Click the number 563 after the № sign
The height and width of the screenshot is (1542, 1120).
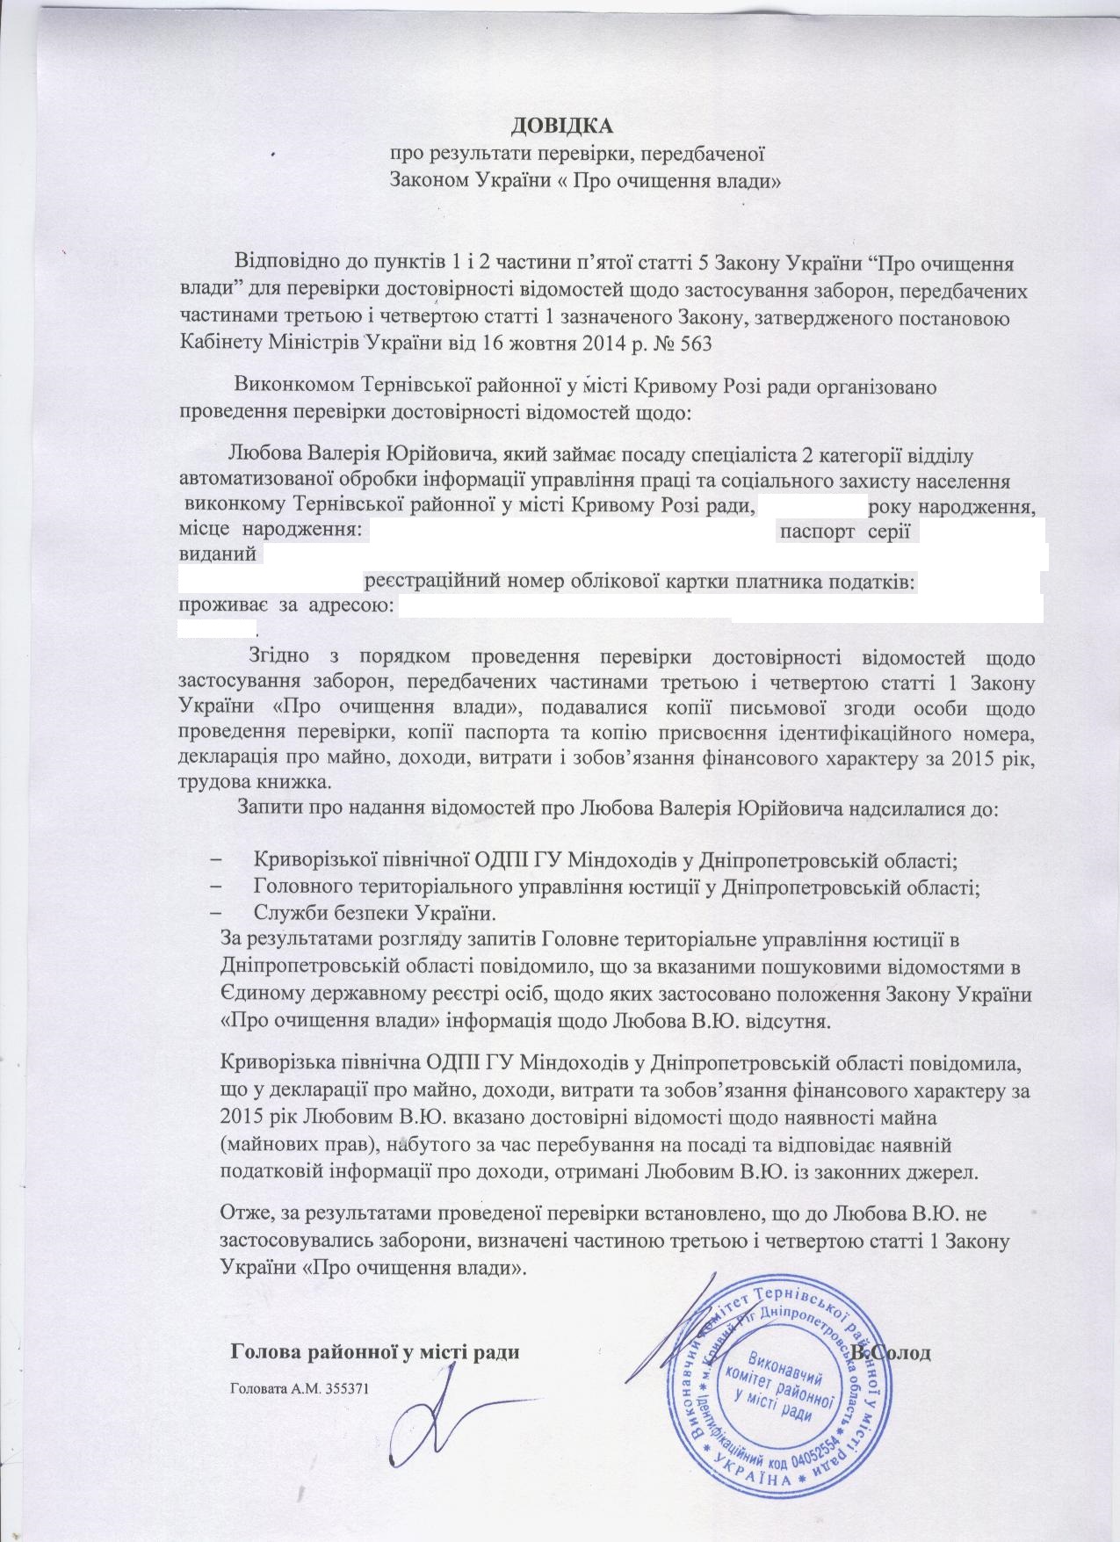pyautogui.click(x=693, y=344)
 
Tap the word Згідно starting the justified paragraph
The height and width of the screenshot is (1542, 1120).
pyautogui.click(x=278, y=656)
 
